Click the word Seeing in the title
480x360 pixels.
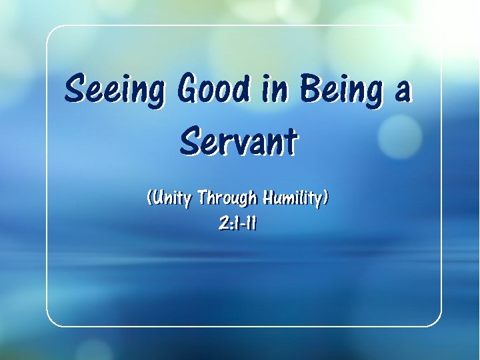pos(113,90)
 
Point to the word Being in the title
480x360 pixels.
pos(341,90)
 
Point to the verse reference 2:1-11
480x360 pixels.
pos(237,225)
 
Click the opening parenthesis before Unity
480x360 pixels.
pos(149,198)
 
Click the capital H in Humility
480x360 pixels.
pos(270,197)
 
